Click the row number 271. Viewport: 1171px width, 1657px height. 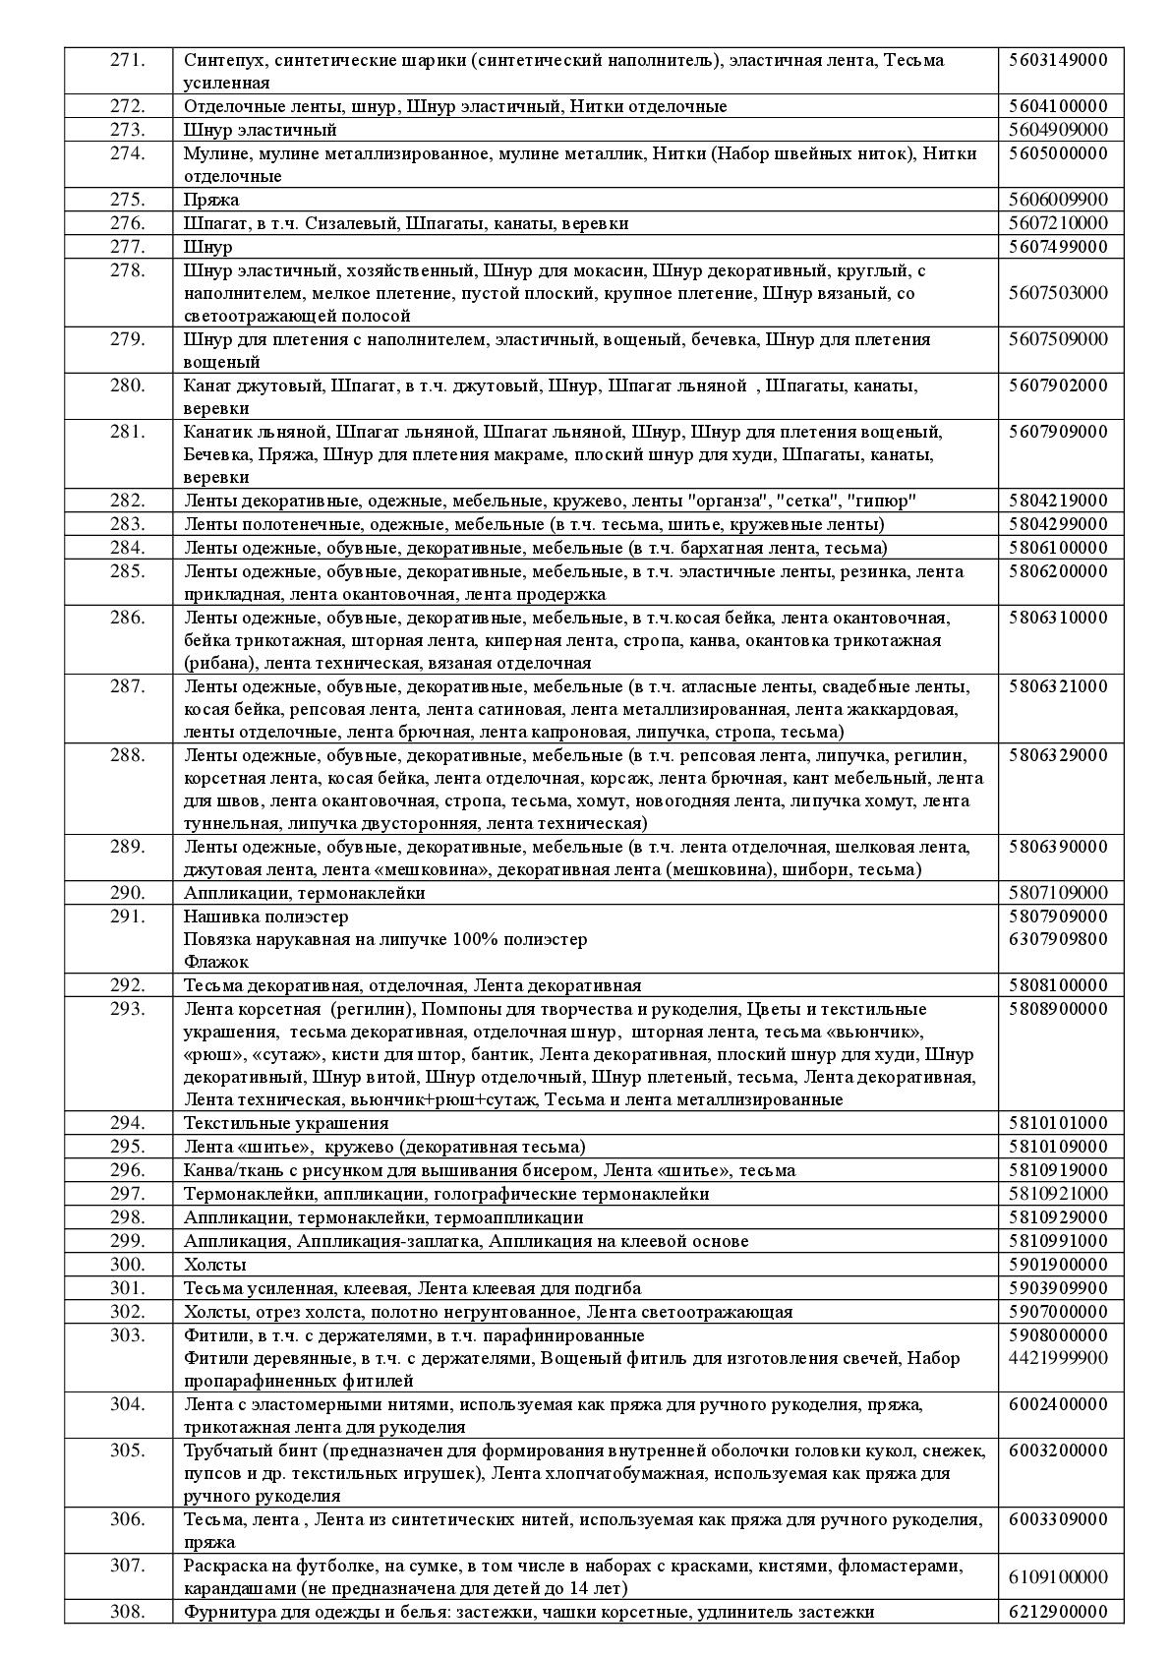[128, 60]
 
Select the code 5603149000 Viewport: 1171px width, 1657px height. [1058, 60]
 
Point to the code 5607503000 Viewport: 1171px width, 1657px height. [1058, 293]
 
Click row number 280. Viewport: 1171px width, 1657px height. [128, 385]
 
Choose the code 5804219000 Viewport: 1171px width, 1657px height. [1058, 501]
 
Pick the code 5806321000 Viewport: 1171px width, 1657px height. [1058, 686]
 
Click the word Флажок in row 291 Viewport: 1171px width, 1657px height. [216, 962]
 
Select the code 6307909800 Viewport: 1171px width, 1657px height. [1058, 939]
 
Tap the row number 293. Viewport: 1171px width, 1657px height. [128, 1009]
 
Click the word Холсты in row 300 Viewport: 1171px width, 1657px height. [215, 1265]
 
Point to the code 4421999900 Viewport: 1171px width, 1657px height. [1058, 1358]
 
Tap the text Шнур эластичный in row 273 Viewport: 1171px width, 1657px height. [261, 130]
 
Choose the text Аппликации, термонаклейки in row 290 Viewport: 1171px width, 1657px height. [305, 893]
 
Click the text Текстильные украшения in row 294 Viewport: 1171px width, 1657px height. [286, 1123]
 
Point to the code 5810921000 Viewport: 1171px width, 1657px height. [1058, 1194]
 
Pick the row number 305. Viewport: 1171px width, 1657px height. [128, 1450]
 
